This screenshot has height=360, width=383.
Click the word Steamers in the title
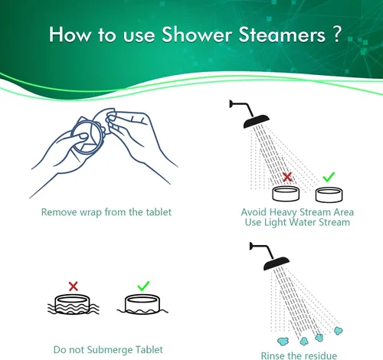coord(282,34)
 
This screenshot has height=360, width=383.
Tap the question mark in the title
coord(337,34)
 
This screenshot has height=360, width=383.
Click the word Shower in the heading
coord(197,34)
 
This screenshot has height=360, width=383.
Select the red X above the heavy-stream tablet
coord(287,177)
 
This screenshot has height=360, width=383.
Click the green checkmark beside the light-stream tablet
coord(329,177)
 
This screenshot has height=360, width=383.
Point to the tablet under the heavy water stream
coord(286,194)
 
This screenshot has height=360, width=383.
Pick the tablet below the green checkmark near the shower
coord(329,195)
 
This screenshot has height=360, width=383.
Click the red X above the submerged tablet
coord(74,286)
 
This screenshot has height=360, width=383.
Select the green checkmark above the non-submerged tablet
coord(143,286)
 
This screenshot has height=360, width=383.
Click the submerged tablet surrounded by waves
coord(73,304)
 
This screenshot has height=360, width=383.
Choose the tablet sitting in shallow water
coord(142,304)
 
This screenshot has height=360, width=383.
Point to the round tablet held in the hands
coord(87,137)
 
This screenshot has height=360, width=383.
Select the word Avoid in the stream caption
coord(254,212)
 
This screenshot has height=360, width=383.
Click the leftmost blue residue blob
coord(283,341)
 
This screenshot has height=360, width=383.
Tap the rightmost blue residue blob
coord(339,331)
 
